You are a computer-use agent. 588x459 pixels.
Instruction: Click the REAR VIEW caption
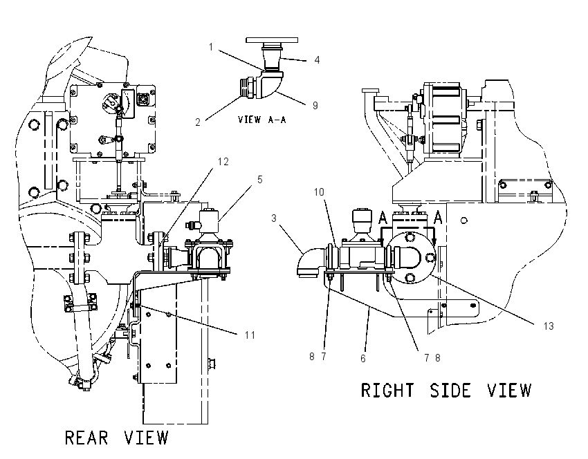click(x=117, y=438)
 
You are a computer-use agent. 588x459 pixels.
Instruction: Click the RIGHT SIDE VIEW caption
click(x=446, y=390)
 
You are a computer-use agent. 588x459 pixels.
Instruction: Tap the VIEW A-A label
click(x=261, y=120)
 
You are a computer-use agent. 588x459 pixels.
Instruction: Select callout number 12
click(x=223, y=162)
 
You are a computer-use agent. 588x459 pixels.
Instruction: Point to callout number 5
click(x=260, y=180)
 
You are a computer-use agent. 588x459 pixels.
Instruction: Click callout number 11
click(x=250, y=335)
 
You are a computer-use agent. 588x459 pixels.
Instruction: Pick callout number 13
click(x=549, y=326)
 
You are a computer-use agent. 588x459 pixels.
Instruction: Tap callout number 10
click(x=319, y=192)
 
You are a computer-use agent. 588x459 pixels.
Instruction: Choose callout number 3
click(x=274, y=218)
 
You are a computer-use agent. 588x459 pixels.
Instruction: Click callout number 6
click(x=363, y=359)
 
